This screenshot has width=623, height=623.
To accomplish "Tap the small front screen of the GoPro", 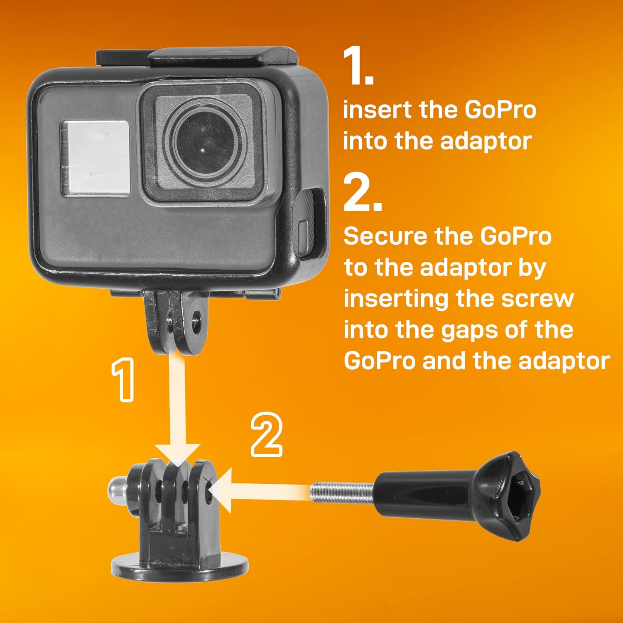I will click(x=95, y=158).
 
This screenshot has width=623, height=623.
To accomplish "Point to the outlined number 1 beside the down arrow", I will click(x=123, y=380).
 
